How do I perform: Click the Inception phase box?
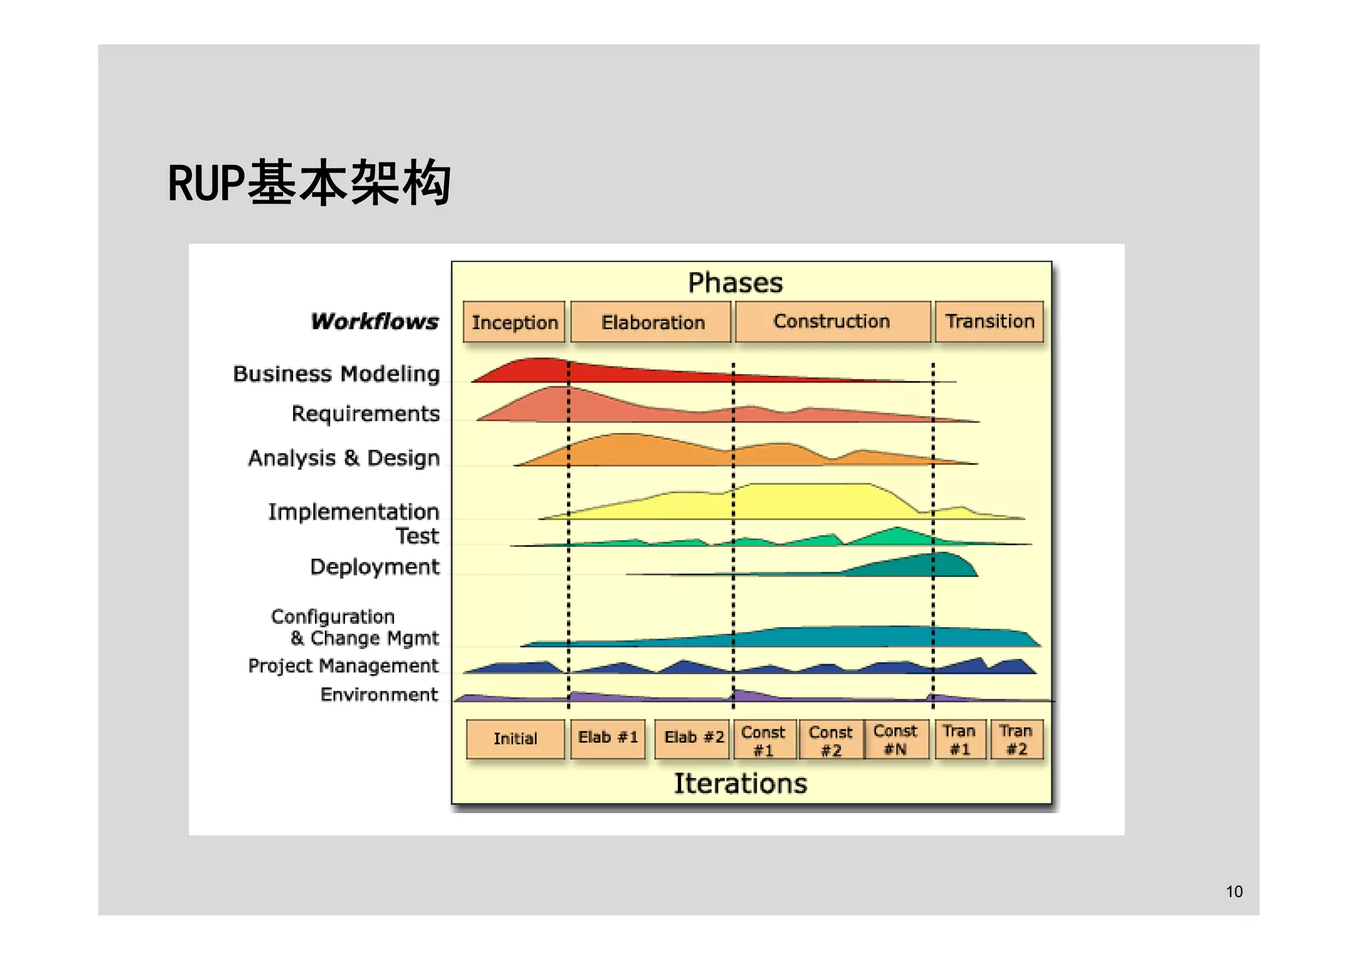514,322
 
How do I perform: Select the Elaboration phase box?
651,322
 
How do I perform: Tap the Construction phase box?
832,322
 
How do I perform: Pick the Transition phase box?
989,322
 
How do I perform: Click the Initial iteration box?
515,739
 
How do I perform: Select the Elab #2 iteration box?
693,738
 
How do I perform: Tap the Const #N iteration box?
896,739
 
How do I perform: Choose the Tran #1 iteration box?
959,739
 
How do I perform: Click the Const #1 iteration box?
763,740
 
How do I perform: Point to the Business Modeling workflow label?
336,374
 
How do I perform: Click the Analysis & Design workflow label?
343,458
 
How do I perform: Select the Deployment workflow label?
375,567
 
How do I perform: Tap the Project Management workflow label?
343,666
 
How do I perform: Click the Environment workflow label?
379,695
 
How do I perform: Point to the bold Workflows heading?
375,322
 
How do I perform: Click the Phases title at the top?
735,283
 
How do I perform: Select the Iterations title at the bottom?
740,784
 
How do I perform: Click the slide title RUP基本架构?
309,183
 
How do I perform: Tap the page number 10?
1234,892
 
